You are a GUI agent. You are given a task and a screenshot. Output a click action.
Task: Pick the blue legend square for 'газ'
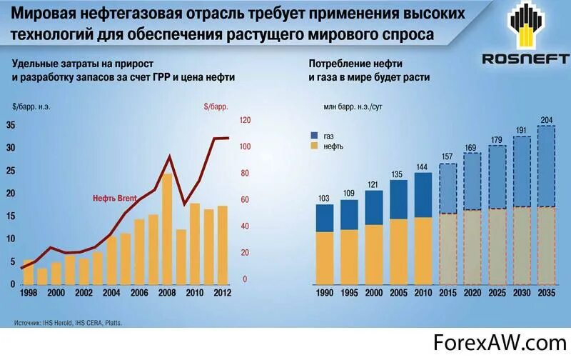click(x=315, y=134)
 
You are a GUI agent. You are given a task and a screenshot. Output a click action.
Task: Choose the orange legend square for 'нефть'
click(x=315, y=146)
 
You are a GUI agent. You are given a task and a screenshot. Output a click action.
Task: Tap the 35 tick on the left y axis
click(x=10, y=125)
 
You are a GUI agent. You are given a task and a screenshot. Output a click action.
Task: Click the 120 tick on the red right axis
click(x=245, y=120)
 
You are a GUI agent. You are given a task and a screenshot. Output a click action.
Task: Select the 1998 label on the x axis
click(x=29, y=293)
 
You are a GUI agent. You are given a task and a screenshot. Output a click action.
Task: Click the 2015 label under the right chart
click(x=448, y=293)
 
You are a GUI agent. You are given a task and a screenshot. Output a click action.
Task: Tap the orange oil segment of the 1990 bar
click(x=325, y=257)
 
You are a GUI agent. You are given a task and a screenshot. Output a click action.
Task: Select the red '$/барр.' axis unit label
click(x=216, y=106)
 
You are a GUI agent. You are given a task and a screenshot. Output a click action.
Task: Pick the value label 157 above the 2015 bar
click(x=448, y=157)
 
